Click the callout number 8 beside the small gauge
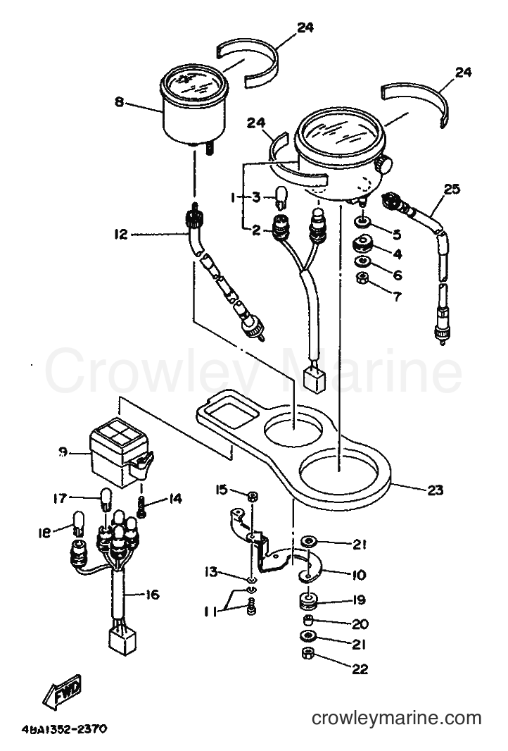tap(119, 102)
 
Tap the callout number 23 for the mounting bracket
tap(436, 490)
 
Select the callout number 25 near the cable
tap(451, 190)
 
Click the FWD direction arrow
tap(63, 692)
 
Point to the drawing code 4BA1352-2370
tap(64, 729)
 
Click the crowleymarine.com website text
tap(397, 719)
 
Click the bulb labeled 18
tap(78, 523)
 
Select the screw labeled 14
tap(141, 507)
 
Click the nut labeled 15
tap(253, 496)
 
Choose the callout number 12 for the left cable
tap(121, 234)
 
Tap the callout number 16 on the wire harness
tap(152, 595)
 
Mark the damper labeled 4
tap(363, 244)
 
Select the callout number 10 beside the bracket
tap(358, 573)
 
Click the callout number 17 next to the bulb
tap(61, 499)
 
